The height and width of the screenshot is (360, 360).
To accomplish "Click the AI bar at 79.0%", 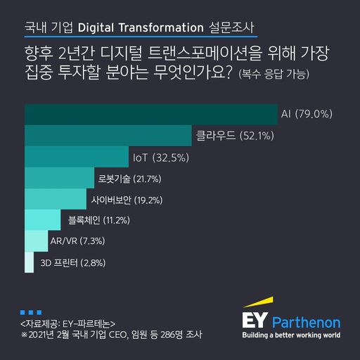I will pyautogui.click(x=150, y=114).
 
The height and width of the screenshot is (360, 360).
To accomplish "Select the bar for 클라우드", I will pyautogui.click(x=108, y=135).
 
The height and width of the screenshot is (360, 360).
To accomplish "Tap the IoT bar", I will pyautogui.click(x=77, y=156).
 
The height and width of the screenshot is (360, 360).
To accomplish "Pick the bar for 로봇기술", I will pyautogui.click(x=59, y=178).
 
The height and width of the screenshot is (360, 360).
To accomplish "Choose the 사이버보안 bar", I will pyautogui.click(x=56, y=199).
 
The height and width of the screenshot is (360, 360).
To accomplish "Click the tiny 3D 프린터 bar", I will pyautogui.click(x=28, y=262).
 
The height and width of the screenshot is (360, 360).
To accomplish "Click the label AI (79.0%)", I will pyautogui.click(x=306, y=114).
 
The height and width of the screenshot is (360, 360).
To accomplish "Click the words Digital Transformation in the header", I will pyautogui.click(x=141, y=28).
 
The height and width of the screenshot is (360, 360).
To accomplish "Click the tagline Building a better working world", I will pyautogui.click(x=290, y=336).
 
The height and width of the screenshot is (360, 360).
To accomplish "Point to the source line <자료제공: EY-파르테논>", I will pyautogui.click(x=64, y=324).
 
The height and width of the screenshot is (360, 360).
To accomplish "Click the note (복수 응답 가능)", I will pyautogui.click(x=274, y=73).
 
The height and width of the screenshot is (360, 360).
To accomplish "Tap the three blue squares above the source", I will pyautogui.click(x=31, y=311).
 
